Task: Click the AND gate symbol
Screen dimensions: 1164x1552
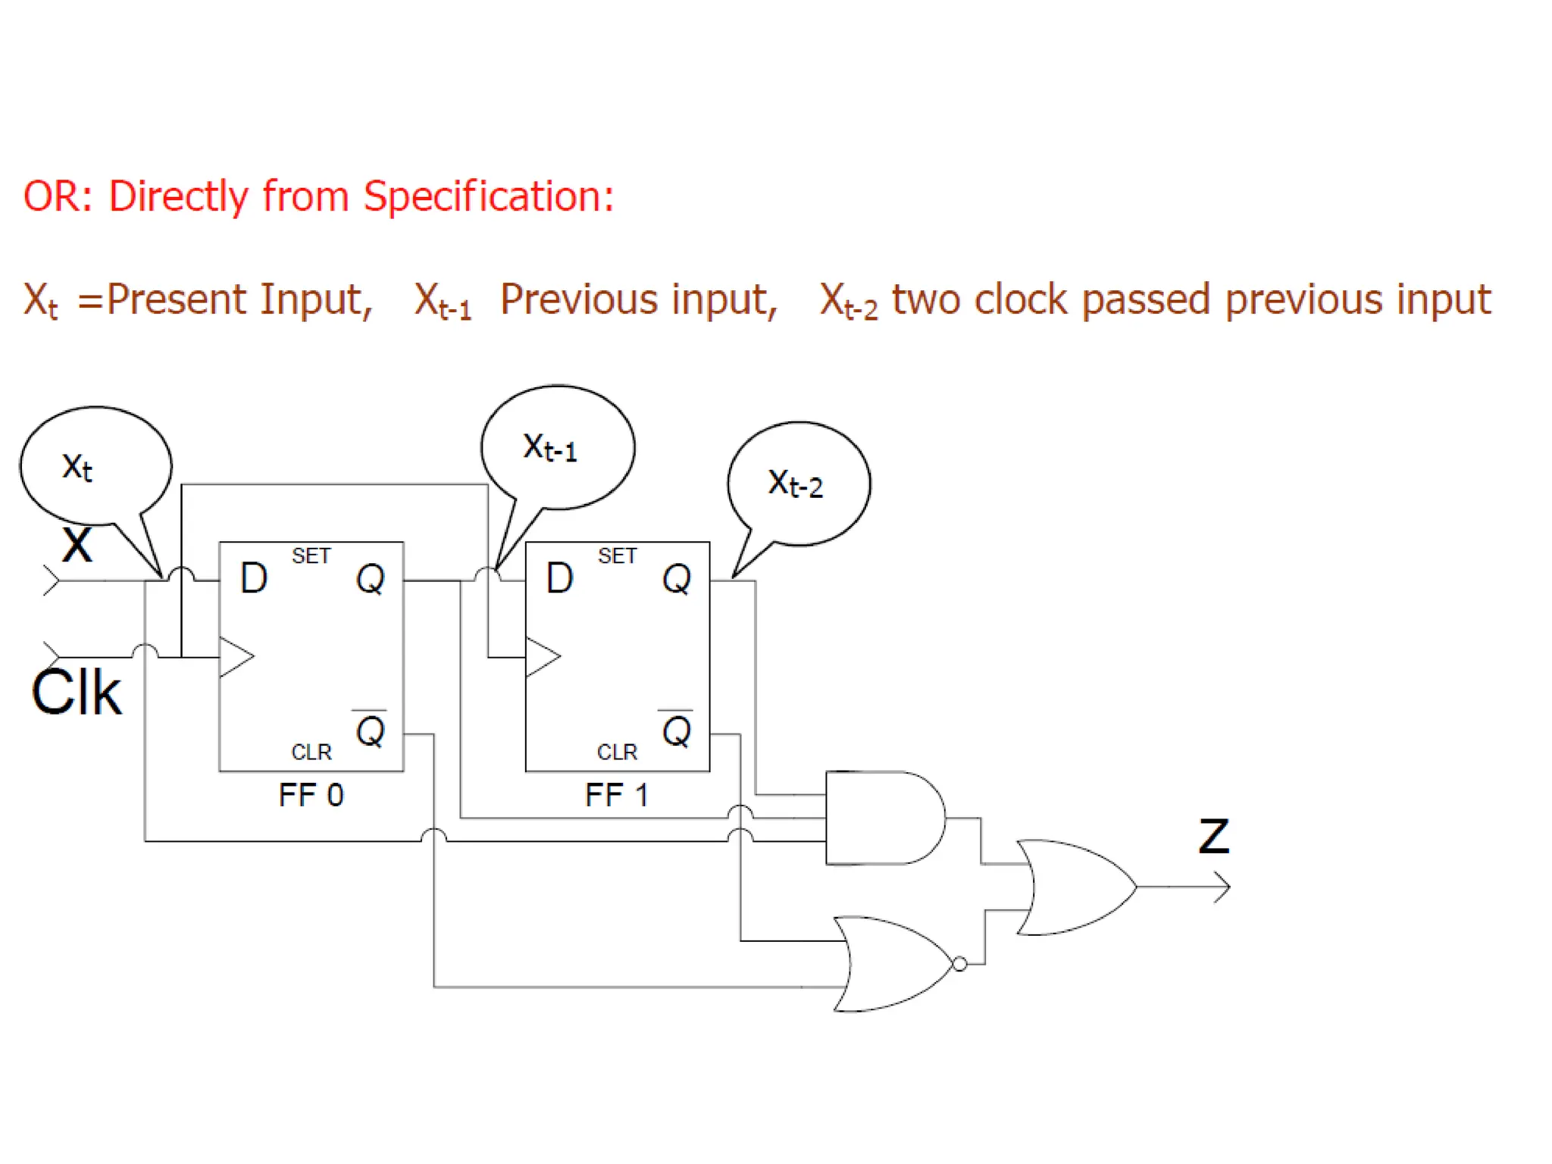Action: tap(883, 818)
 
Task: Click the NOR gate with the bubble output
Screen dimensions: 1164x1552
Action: tap(894, 964)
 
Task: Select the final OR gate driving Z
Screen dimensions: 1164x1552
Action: tap(1076, 887)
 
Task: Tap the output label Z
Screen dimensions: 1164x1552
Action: tap(1213, 837)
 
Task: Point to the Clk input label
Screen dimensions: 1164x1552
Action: tap(77, 693)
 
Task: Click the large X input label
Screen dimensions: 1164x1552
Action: tap(77, 545)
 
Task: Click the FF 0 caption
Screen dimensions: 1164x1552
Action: tap(311, 796)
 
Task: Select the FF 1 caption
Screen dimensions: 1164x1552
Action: tap(617, 796)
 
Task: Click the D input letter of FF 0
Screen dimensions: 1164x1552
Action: tap(254, 578)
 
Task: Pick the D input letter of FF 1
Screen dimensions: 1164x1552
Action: tap(560, 578)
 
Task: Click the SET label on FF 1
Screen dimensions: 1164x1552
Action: tap(617, 556)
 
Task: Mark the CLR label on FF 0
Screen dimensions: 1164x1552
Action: tap(311, 752)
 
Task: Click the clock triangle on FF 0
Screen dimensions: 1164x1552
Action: tap(236, 656)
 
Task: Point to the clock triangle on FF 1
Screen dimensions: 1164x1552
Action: tap(542, 656)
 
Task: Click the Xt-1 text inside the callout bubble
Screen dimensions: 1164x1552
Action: tap(550, 448)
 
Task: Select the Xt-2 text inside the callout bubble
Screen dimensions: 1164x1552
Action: tap(795, 483)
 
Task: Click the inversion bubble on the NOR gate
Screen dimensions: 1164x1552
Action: tap(960, 964)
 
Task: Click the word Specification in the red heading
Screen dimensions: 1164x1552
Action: tap(488, 196)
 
